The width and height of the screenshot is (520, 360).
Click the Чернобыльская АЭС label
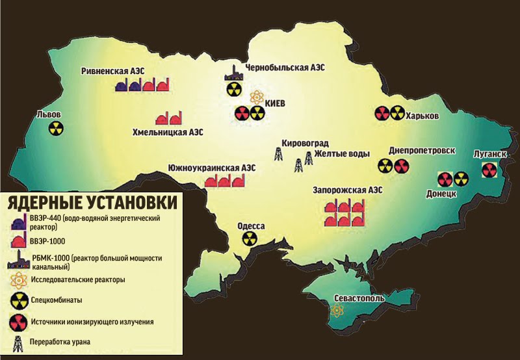[285, 68]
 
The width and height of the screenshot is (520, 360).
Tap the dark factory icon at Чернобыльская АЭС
[233, 73]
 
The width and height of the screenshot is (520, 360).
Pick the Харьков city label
[422, 116]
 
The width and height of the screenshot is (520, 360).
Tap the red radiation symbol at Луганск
[489, 170]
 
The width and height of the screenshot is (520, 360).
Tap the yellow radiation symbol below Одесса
[249, 238]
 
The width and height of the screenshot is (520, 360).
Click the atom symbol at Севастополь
[337, 310]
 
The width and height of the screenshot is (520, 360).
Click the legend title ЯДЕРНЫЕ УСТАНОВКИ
[91, 203]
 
